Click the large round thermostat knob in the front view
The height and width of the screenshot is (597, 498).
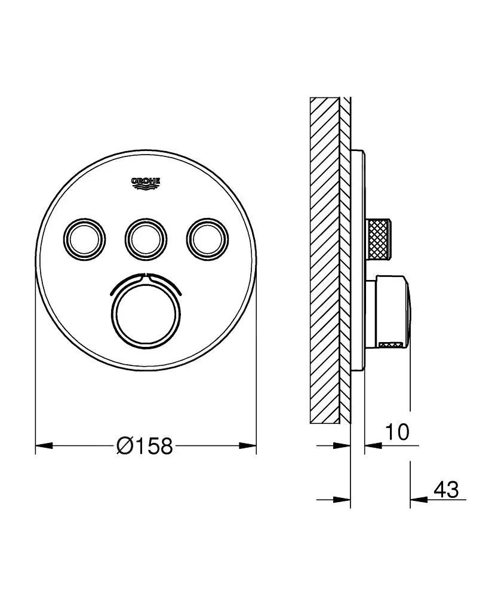point(143,309)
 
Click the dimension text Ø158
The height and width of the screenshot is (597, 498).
point(145,445)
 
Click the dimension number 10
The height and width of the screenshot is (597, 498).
point(397,432)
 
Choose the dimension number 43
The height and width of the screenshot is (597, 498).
point(446,490)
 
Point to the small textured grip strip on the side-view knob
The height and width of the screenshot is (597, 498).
point(393,343)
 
